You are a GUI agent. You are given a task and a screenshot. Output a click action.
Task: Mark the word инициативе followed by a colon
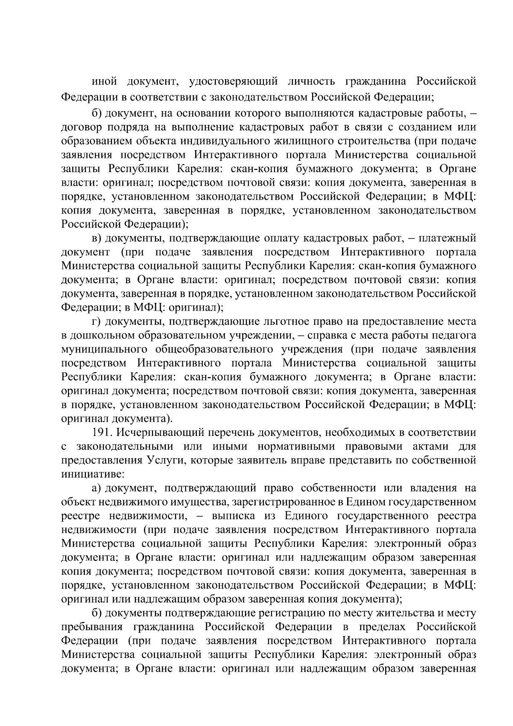click(x=92, y=474)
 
